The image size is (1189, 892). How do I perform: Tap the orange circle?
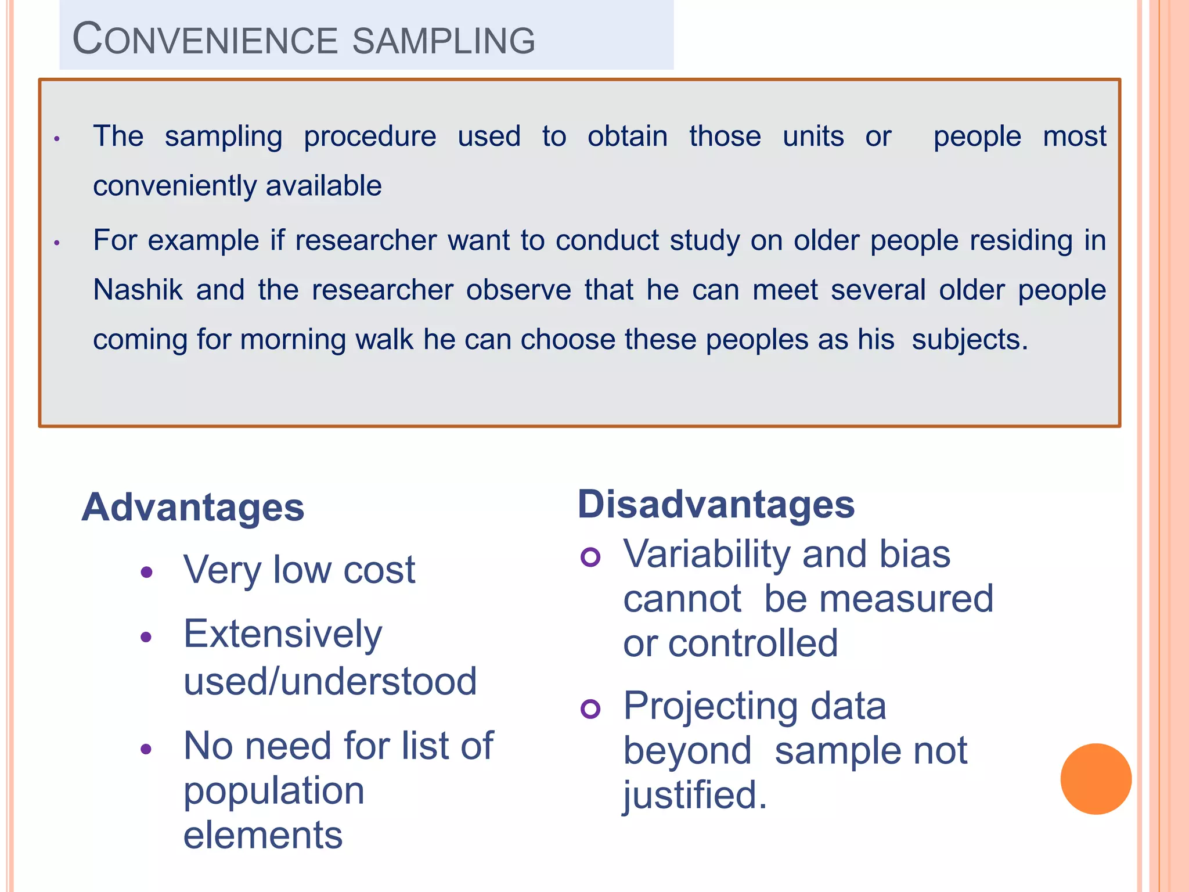[1096, 779]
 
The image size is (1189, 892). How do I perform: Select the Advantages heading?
[193, 508]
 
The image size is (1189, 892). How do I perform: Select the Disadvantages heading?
[716, 504]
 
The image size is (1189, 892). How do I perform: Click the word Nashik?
[138, 289]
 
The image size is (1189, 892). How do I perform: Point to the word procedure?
[370, 137]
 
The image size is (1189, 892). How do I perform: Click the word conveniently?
[174, 186]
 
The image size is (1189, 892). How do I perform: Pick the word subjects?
[969, 339]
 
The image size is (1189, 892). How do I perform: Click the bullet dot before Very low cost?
[146, 573]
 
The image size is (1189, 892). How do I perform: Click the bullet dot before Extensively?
[146, 637]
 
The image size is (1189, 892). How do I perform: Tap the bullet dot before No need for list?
[146, 749]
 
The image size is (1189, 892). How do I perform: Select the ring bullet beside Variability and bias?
[590, 557]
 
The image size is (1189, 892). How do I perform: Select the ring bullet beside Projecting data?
[590, 709]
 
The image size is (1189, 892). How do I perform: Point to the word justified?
[694, 794]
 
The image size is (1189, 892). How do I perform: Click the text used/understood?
[330, 681]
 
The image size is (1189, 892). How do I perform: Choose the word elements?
[263, 835]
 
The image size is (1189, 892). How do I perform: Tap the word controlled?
[753, 643]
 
